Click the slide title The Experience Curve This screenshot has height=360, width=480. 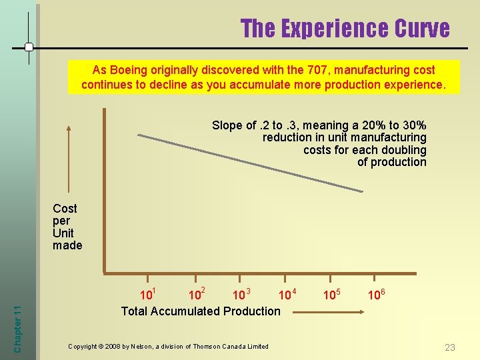coord(345,28)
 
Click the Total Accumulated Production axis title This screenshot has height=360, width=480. coord(201,311)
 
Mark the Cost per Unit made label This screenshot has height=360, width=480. coord(67,227)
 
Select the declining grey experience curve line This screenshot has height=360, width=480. coord(250,163)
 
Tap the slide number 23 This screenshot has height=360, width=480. coord(450,347)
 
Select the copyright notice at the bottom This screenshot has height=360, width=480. coord(168,346)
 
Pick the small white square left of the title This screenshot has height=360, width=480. coord(29,47)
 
